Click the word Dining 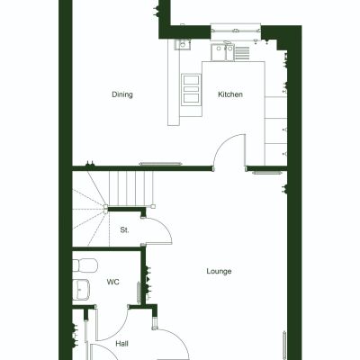(x=122, y=94)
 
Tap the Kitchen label (x=229, y=94)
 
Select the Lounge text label (x=219, y=271)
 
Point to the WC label (x=113, y=282)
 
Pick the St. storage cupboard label (x=124, y=230)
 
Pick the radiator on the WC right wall (x=139, y=292)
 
